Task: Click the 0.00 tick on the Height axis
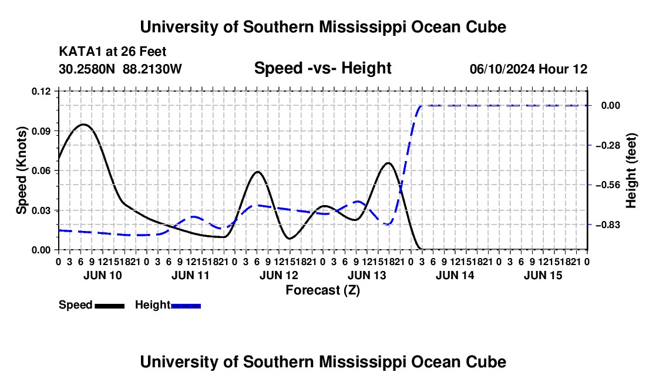pyautogui.click(x=611, y=106)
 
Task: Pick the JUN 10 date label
pyautogui.click(x=103, y=275)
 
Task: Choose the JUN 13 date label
pyautogui.click(x=367, y=275)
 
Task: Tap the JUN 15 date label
pyautogui.click(x=543, y=275)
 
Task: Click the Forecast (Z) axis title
pyautogui.click(x=322, y=290)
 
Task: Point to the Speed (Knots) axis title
pyautogui.click(x=21, y=170)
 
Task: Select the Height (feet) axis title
pyautogui.click(x=631, y=170)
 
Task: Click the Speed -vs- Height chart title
pyautogui.click(x=322, y=68)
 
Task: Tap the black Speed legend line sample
pyautogui.click(x=110, y=306)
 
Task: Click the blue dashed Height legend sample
pyautogui.click(x=186, y=306)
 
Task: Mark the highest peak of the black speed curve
pyautogui.click(x=83, y=124)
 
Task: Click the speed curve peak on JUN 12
pyautogui.click(x=258, y=172)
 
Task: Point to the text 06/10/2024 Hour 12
pyautogui.click(x=529, y=69)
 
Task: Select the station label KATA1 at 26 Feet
pyautogui.click(x=113, y=52)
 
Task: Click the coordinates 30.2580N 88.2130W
pyautogui.click(x=120, y=69)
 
